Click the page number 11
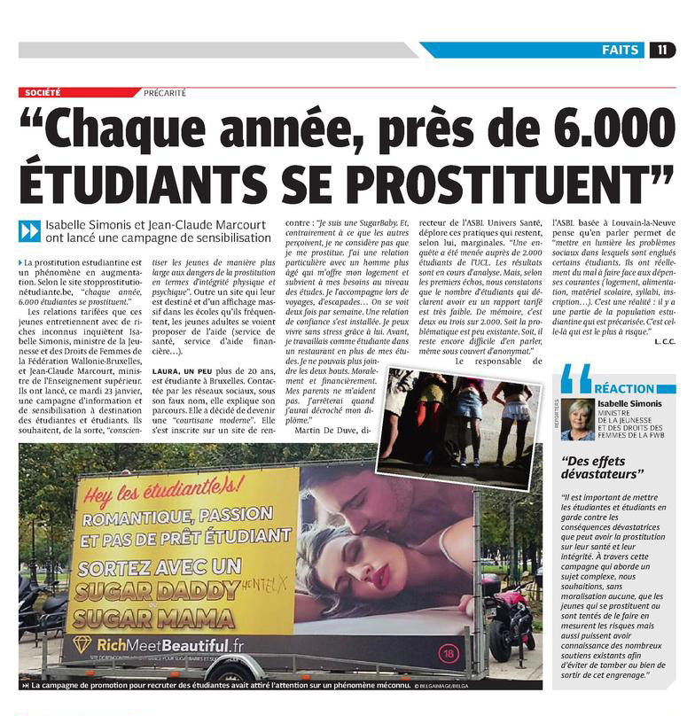pos(663,50)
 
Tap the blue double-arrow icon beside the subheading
pos(30,231)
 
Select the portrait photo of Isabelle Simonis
pos(578,418)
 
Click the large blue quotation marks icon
pos(575,378)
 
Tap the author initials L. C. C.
pos(664,341)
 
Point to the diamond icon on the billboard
pos(82,645)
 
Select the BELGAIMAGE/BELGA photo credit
pos(478,685)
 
